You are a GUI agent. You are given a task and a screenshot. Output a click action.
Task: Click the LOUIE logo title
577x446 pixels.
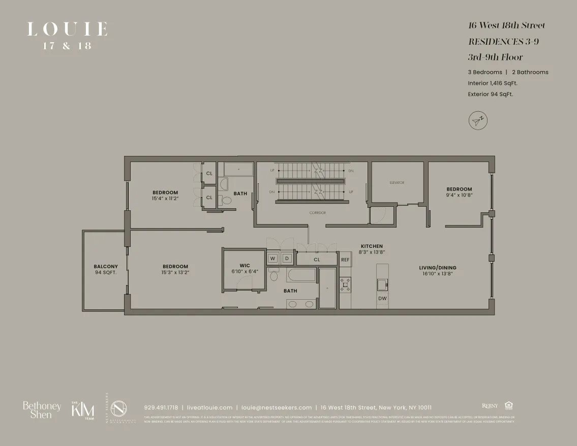click(67, 29)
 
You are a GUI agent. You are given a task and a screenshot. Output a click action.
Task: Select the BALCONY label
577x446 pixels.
click(106, 267)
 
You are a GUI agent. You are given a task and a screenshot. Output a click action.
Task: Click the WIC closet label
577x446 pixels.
click(245, 266)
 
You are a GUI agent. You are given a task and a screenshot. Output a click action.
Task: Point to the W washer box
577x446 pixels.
click(272, 259)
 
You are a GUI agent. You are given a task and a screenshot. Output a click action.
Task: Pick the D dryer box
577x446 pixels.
click(287, 259)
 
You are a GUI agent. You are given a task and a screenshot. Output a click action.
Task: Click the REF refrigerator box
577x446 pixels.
click(345, 260)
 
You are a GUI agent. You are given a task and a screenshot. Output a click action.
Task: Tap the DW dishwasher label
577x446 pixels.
click(382, 299)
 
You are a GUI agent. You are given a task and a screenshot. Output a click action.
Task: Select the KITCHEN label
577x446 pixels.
click(372, 246)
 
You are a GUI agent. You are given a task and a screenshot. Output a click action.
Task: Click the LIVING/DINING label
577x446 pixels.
click(438, 268)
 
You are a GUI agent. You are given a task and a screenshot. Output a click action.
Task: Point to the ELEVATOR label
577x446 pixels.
click(397, 183)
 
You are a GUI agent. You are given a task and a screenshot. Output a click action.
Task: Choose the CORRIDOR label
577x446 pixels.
click(317, 213)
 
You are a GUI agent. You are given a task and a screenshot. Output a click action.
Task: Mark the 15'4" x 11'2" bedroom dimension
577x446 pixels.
click(165, 199)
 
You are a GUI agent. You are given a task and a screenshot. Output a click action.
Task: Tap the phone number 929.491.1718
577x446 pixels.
click(161, 407)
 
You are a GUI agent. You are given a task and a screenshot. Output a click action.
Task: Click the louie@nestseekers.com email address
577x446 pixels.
click(277, 407)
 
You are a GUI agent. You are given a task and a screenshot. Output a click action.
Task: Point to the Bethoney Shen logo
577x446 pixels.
click(42, 410)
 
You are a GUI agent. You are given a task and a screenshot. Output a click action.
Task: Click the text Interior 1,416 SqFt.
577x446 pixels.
click(493, 83)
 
